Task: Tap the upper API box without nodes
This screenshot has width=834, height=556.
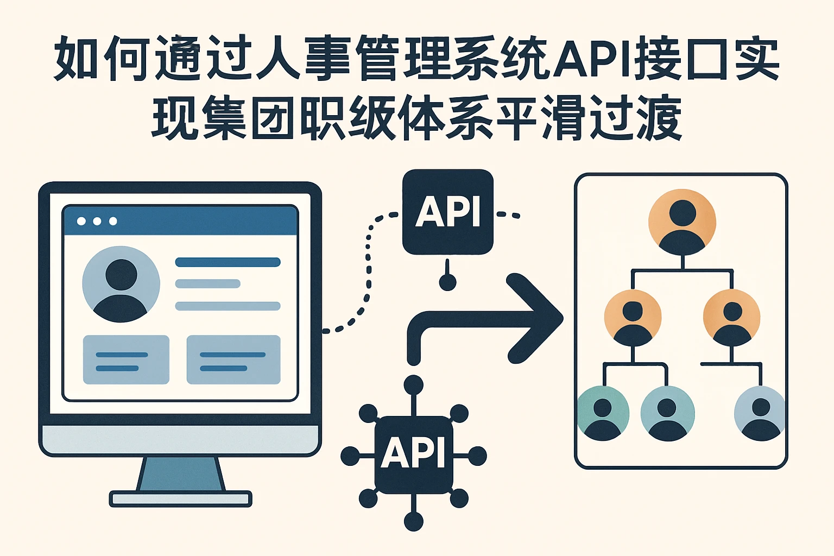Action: pos(448,211)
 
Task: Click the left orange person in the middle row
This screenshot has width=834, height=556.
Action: pos(633,318)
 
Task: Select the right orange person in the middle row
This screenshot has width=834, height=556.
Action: pos(732,318)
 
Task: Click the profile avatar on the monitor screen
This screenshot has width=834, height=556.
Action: pos(121,283)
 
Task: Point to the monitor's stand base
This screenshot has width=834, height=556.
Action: pos(180,498)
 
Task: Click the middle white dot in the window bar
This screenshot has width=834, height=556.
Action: pos(97,221)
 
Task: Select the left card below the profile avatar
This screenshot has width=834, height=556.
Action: pos(126,359)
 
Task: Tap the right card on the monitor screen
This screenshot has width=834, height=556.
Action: pos(233,359)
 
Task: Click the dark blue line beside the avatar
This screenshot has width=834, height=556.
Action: pos(228,262)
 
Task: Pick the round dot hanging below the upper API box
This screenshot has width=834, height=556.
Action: pos(447,282)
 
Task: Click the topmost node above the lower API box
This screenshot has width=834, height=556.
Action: pos(414,384)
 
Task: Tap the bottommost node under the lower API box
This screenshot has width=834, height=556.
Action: pos(414,522)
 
